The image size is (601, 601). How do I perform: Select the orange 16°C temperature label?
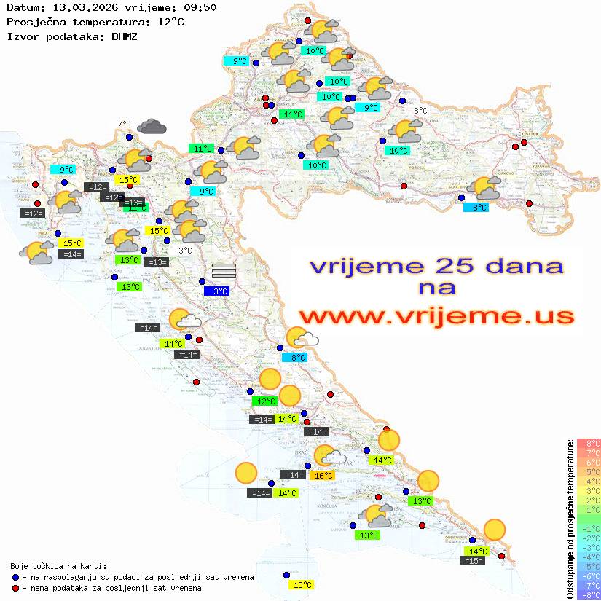(x=323, y=476)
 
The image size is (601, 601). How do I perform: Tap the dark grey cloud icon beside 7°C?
(x=152, y=127)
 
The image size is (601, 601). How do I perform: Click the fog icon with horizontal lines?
(x=224, y=270)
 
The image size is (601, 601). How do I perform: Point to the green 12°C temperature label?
(x=264, y=401)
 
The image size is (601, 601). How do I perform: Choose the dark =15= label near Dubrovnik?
(x=473, y=560)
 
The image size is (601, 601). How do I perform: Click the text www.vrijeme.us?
(x=436, y=317)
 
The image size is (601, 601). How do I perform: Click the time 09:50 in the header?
(x=198, y=8)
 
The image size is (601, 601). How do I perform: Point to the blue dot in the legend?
(x=15, y=577)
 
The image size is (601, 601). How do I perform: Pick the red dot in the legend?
(x=15, y=588)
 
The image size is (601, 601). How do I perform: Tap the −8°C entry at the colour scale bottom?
(x=589, y=594)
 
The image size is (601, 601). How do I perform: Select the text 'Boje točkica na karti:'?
(x=58, y=566)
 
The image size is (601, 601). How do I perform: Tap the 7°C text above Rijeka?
(x=124, y=125)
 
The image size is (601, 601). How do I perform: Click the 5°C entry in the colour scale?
(x=589, y=472)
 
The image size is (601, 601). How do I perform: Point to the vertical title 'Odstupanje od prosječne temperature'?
(x=570, y=518)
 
